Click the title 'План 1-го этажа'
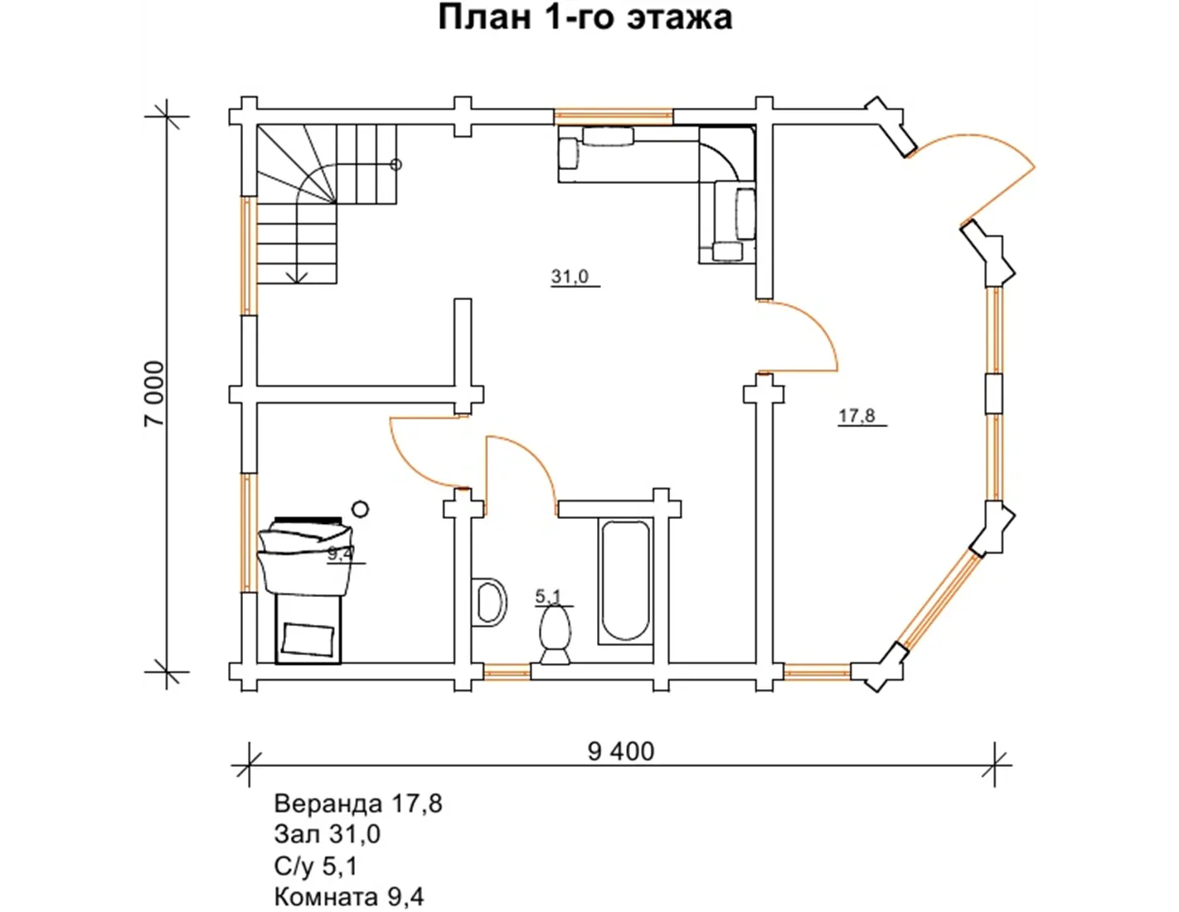(x=585, y=17)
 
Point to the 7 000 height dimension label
(x=154, y=394)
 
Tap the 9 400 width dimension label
(x=621, y=752)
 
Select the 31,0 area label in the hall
(x=570, y=277)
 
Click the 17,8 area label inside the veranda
(x=857, y=416)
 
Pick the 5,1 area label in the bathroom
(x=548, y=597)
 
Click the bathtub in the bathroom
(x=626, y=581)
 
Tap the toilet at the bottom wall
(x=555, y=635)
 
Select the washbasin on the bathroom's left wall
(x=489, y=602)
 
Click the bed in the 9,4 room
(x=306, y=589)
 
